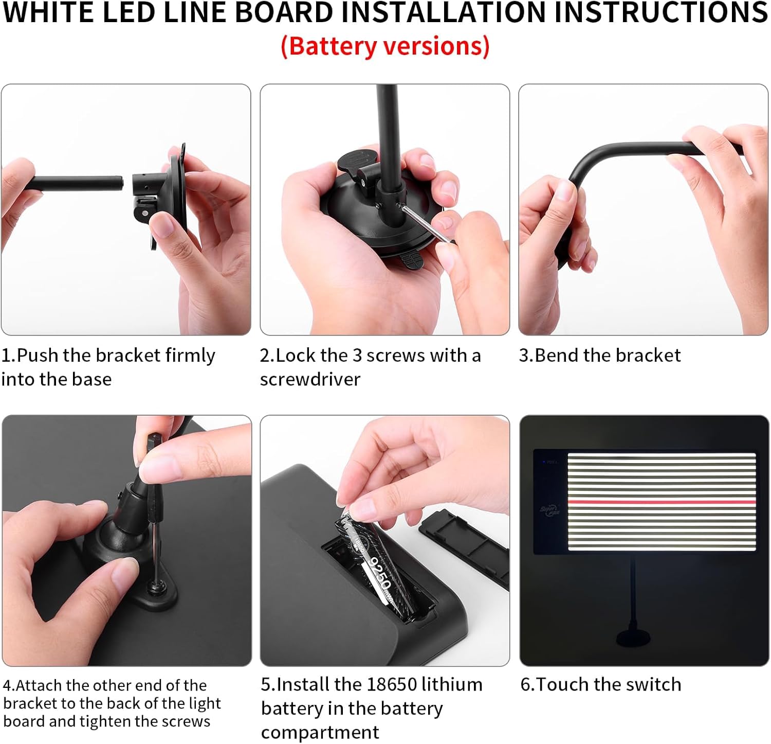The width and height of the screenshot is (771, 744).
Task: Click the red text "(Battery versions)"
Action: coord(385,46)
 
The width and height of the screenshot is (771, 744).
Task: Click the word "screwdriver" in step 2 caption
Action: coord(310,379)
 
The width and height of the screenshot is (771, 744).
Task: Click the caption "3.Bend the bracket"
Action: coord(599,355)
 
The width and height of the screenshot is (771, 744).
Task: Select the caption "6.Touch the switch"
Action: coord(600,684)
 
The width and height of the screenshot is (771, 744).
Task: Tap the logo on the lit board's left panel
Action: coord(550,511)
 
